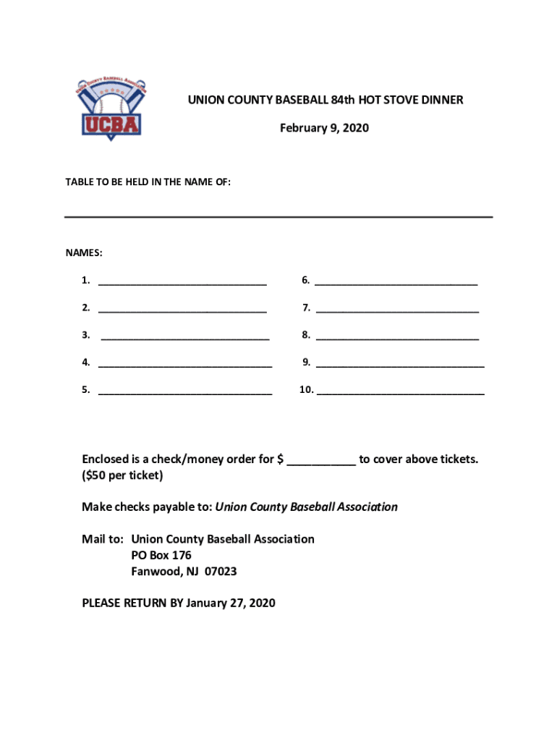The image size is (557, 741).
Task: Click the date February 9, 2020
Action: (324, 128)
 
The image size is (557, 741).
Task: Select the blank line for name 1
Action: (182, 282)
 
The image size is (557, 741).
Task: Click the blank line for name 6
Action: (396, 282)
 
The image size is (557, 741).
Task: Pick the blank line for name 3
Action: (185, 337)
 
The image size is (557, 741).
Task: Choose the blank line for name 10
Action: (401, 392)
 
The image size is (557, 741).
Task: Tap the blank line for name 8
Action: (397, 337)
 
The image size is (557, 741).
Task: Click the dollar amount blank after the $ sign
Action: (321, 462)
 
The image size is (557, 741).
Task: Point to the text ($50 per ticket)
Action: (122, 475)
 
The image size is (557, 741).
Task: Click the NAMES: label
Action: (84, 253)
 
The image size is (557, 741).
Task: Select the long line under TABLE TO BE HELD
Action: (278, 216)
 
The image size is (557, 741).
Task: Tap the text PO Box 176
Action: (161, 556)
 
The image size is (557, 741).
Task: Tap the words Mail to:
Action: (103, 539)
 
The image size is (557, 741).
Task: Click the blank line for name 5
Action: (185, 392)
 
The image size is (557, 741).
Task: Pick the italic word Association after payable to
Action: (365, 507)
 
